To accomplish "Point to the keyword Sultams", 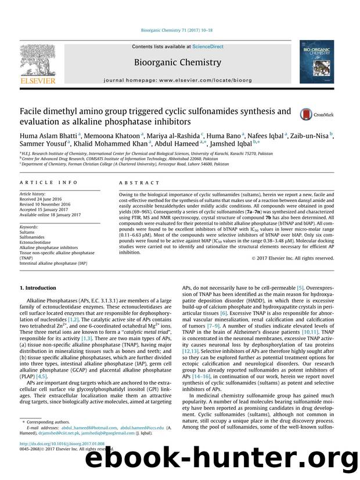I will (x=28, y=233).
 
